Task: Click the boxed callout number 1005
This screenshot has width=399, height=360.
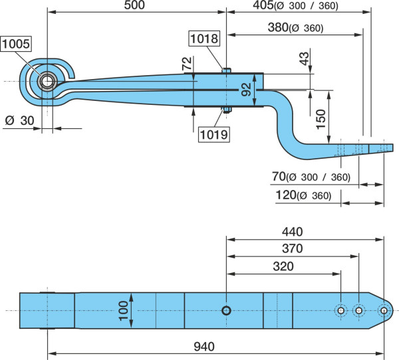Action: pos(16,44)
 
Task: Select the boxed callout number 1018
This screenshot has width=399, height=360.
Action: pos(204,39)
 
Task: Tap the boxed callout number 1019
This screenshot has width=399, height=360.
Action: pos(214,134)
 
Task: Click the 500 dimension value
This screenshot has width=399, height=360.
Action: pos(134,5)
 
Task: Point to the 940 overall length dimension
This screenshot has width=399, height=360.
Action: pos(204,347)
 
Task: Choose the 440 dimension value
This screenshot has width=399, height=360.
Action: pos(293,232)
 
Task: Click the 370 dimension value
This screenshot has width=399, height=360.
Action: pos(293,248)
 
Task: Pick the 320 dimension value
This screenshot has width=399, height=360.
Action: pos(283,266)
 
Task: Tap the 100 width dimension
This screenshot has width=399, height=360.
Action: pos(124,311)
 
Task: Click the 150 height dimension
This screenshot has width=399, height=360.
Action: pos(321,120)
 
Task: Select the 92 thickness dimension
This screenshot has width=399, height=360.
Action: pos(246,90)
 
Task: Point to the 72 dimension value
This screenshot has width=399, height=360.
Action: pos(187,64)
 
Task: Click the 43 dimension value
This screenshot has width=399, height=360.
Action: pos(305,58)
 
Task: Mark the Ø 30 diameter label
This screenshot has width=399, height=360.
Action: pos(19,120)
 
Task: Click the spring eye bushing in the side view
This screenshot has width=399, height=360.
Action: pos(47,81)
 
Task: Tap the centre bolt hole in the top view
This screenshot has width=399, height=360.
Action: pos(226,310)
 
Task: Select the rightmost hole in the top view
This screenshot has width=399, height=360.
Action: pos(384,310)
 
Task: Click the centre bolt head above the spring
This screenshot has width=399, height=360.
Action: pos(226,70)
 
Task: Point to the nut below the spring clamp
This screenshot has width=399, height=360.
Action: pos(226,110)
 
